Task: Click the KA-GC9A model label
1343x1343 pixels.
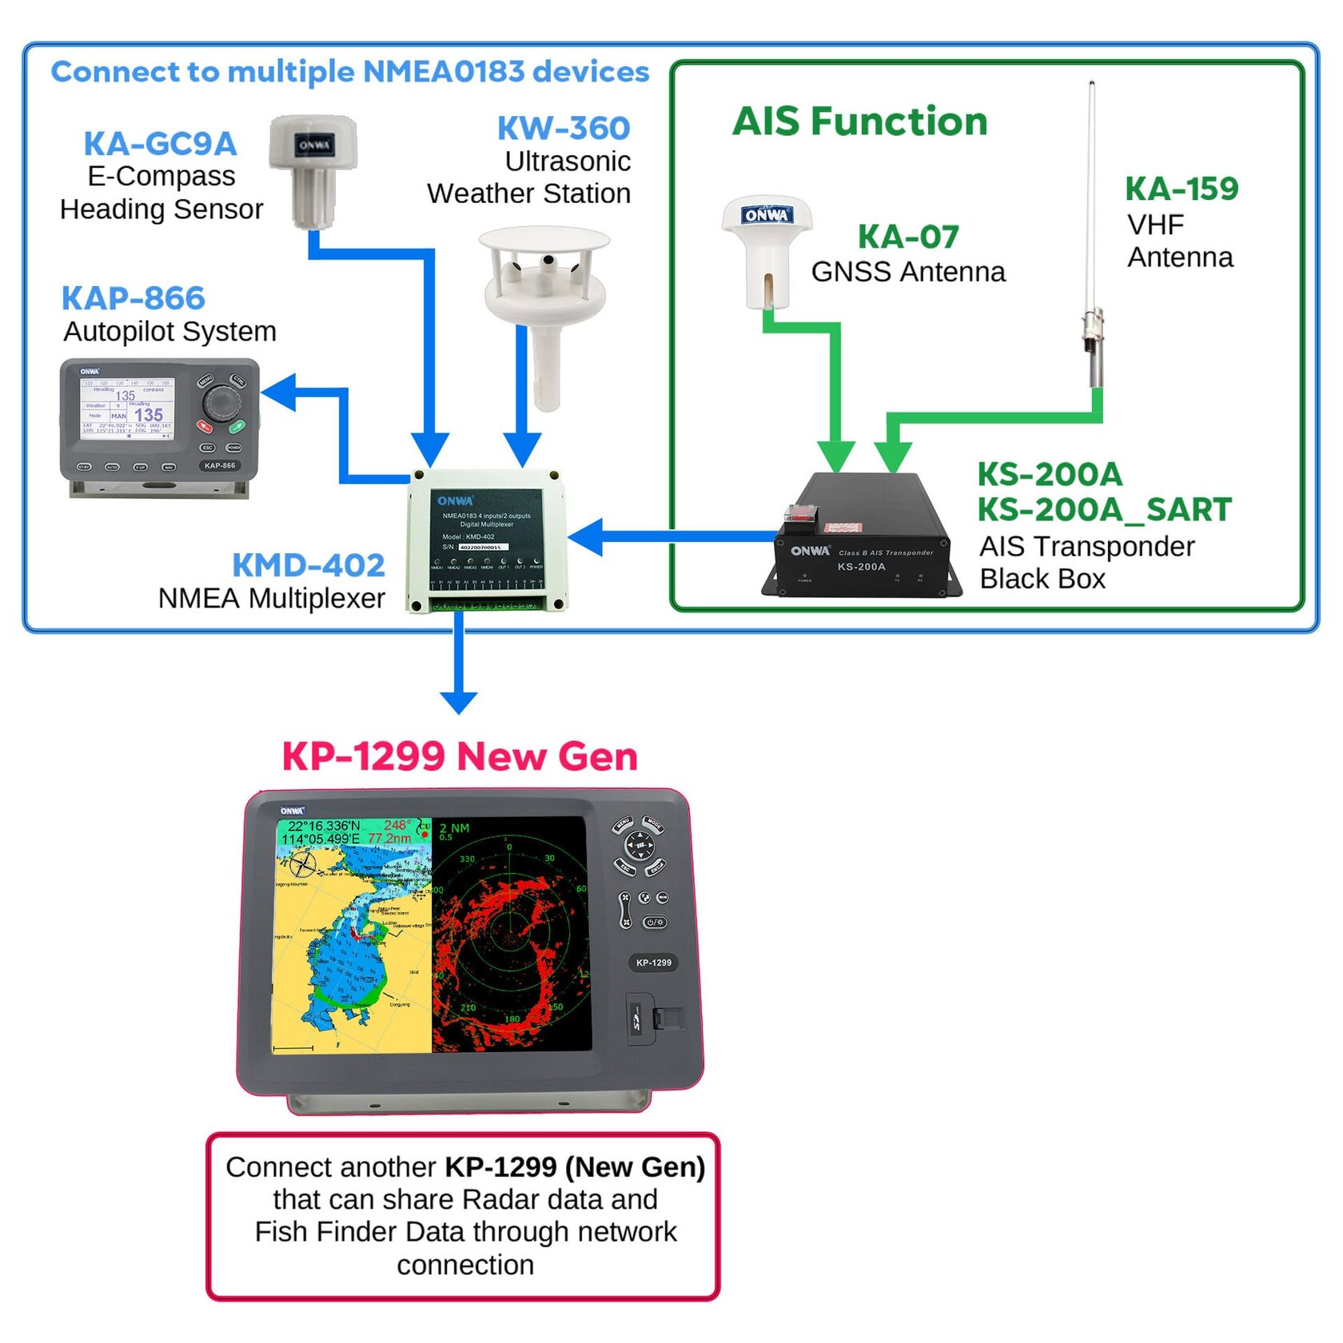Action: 160,144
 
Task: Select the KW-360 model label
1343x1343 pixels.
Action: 564,128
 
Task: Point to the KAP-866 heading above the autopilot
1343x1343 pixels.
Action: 134,298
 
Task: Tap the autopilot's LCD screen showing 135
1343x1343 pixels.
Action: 128,408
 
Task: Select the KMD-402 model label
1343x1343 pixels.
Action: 309,565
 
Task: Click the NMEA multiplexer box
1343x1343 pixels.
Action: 487,540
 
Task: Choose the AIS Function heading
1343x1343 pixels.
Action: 860,122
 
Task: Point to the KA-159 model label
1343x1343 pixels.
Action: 1182,189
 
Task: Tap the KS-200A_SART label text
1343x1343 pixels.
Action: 1104,510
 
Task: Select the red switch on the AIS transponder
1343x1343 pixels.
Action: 801,513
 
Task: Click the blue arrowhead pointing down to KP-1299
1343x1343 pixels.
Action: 459,700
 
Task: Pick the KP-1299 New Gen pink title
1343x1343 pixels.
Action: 460,756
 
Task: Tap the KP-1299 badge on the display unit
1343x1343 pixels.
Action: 654,962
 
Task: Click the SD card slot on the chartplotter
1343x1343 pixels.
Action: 640,1019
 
